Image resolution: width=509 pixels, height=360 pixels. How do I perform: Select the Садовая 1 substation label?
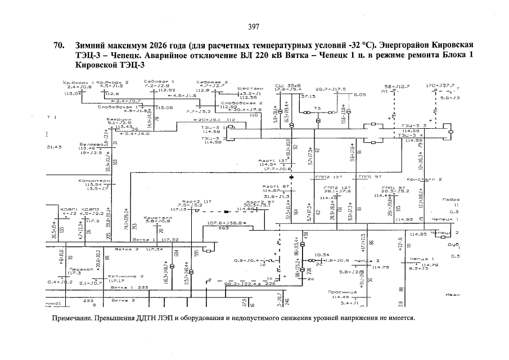point(156,82)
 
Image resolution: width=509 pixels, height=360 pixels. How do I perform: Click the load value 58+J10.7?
point(397,86)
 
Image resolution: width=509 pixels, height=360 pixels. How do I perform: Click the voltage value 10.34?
point(322,254)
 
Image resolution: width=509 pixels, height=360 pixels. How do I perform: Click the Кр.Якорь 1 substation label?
point(79,82)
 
